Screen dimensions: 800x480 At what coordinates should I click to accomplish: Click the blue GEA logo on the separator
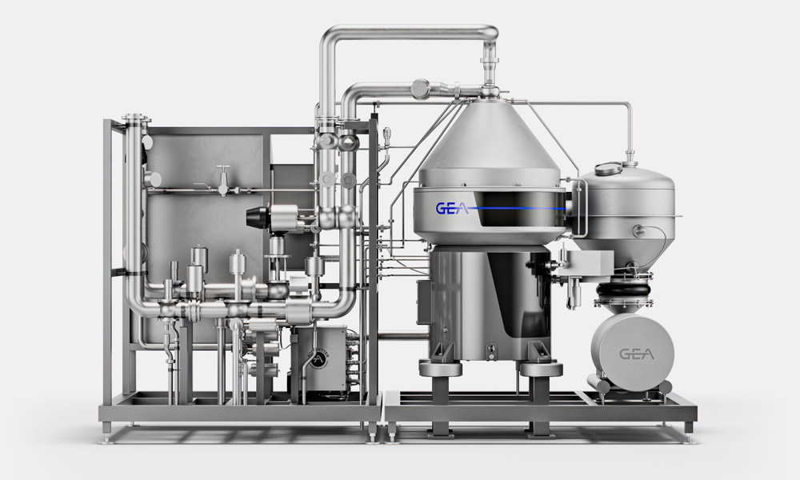pos(451,208)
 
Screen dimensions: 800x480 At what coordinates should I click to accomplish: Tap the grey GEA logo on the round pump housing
pos(636,354)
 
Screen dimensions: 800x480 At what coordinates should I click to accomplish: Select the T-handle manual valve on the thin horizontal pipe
pos(223,180)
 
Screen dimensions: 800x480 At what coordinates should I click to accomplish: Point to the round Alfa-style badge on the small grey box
pos(318,358)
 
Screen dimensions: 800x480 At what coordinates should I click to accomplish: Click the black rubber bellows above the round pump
pos(624,290)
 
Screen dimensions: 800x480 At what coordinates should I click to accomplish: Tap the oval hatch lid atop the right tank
pos(609,168)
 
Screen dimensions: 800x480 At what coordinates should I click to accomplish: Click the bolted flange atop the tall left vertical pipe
pos(136,119)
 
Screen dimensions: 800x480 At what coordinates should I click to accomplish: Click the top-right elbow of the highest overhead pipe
pos(490,32)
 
